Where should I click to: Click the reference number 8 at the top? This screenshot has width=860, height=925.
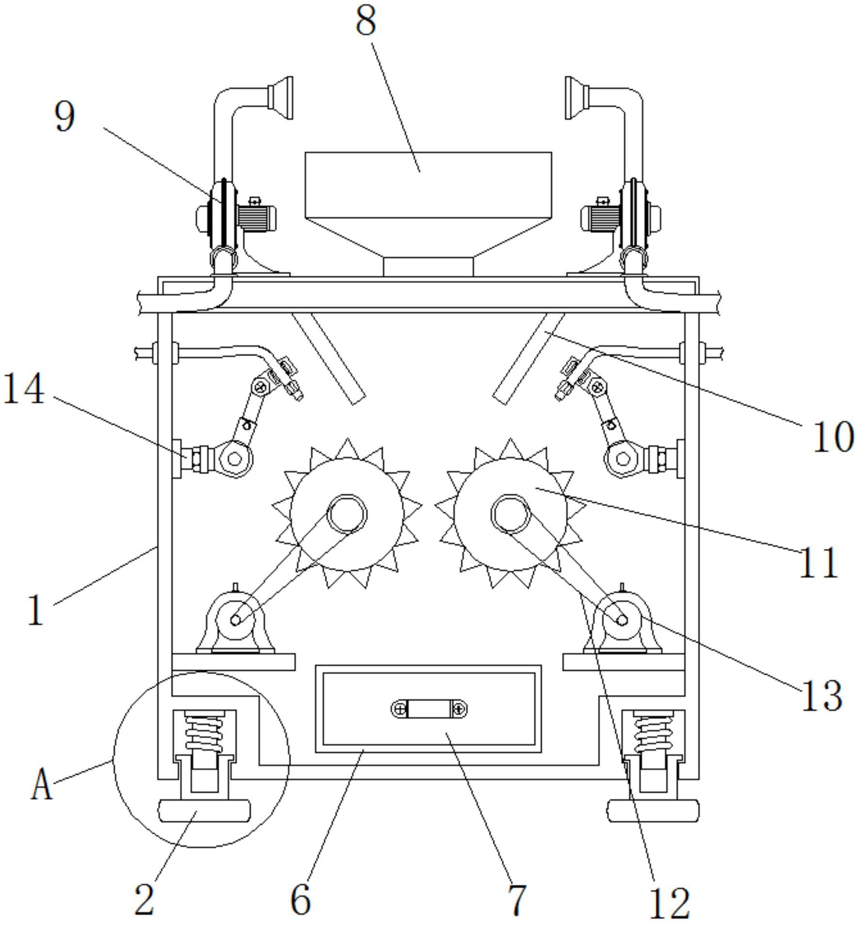[x=366, y=21]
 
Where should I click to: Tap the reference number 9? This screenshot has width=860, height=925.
[x=65, y=117]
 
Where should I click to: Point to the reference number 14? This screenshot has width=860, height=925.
[x=24, y=389]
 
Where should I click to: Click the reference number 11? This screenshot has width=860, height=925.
[x=818, y=562]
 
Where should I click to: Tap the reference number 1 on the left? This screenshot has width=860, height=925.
[x=36, y=611]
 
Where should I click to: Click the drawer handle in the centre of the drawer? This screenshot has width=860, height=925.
[x=429, y=710]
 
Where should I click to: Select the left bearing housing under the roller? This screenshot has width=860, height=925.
[x=235, y=623]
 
